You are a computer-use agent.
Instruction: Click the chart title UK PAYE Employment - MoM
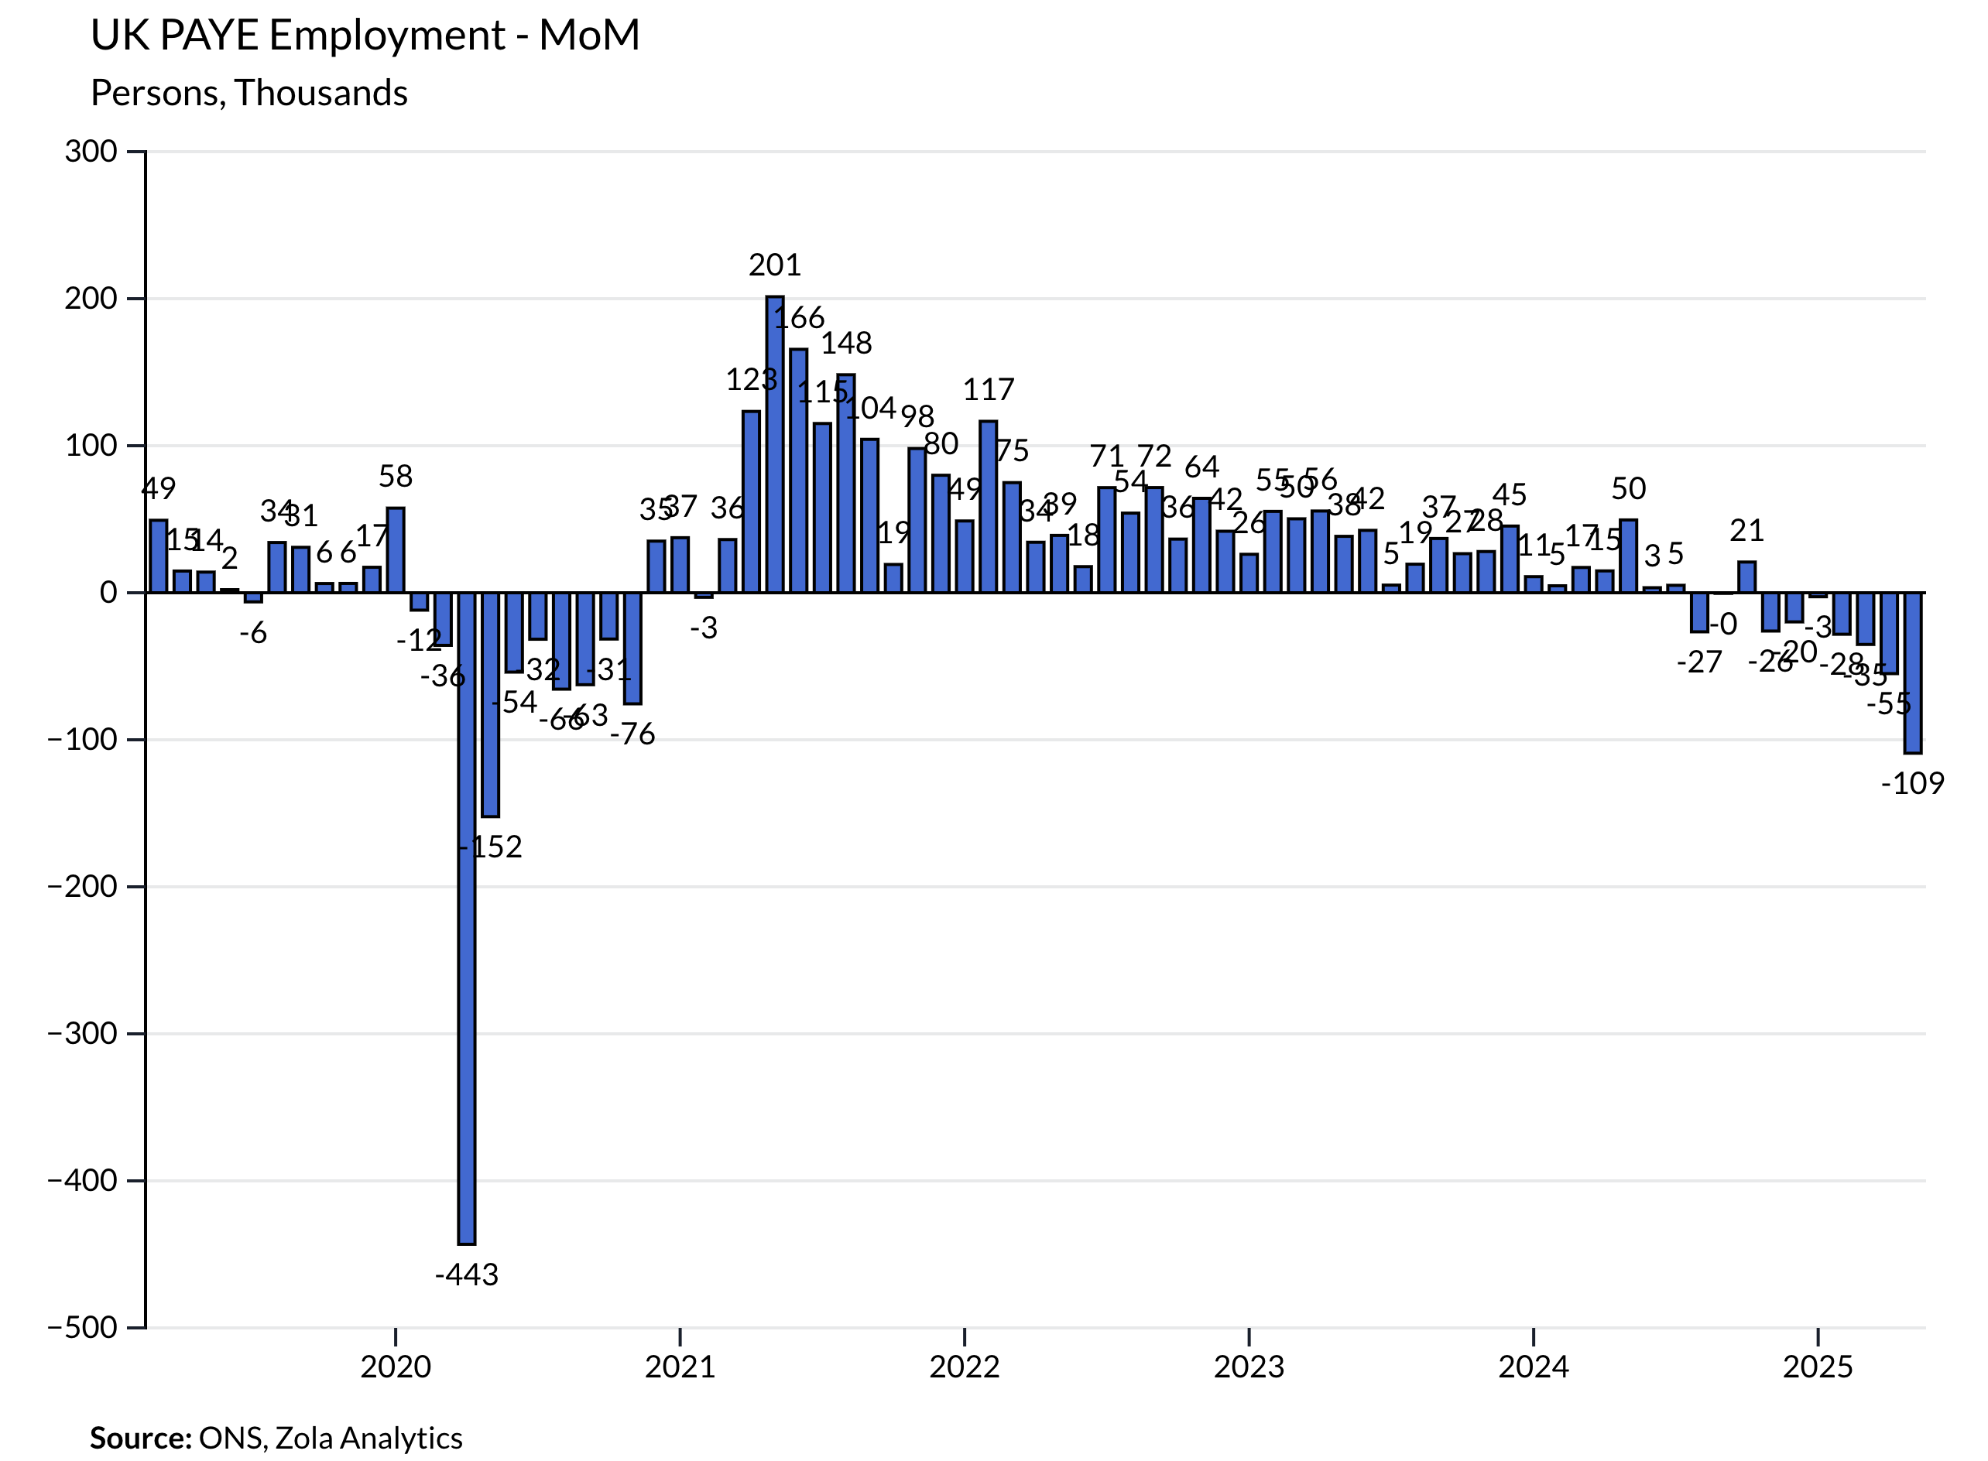click(365, 36)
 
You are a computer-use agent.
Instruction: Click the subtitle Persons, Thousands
click(248, 93)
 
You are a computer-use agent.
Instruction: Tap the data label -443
click(466, 1275)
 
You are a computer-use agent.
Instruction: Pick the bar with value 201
click(774, 444)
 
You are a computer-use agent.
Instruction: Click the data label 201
click(774, 265)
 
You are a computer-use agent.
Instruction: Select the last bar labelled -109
click(1912, 673)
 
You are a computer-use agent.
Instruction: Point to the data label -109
click(1912, 782)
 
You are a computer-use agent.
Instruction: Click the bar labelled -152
click(490, 705)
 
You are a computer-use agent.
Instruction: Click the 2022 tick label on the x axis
click(964, 1367)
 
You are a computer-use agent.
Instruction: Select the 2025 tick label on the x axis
click(1817, 1367)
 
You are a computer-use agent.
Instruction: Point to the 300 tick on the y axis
click(91, 151)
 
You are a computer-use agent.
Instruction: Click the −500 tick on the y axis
click(82, 1327)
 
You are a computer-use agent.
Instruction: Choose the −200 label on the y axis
click(82, 886)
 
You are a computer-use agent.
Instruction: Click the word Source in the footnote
click(140, 1438)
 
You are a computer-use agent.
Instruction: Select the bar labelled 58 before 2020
click(396, 550)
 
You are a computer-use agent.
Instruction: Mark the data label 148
click(846, 342)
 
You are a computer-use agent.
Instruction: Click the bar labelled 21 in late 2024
click(1746, 577)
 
